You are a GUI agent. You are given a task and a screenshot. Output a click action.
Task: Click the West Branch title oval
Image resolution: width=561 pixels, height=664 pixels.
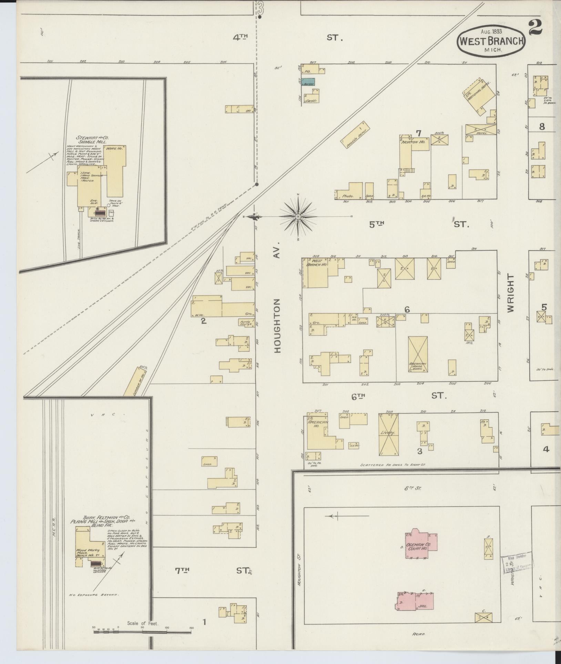click(x=491, y=41)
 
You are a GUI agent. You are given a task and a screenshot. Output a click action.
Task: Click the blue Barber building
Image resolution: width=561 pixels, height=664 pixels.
click(x=309, y=83)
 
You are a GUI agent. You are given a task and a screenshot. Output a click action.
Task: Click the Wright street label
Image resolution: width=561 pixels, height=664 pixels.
click(x=510, y=293)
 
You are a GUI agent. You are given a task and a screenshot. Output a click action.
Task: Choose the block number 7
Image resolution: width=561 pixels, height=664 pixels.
click(x=419, y=133)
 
